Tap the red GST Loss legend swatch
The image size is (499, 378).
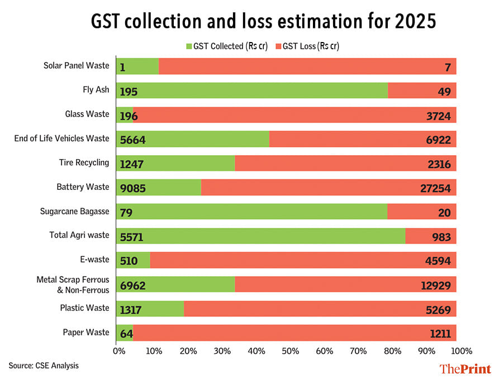(278, 46)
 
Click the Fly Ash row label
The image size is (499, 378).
(96, 90)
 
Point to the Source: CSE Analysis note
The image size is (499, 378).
(44, 366)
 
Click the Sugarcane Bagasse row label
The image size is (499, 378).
(74, 211)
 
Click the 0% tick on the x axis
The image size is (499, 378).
(118, 351)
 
